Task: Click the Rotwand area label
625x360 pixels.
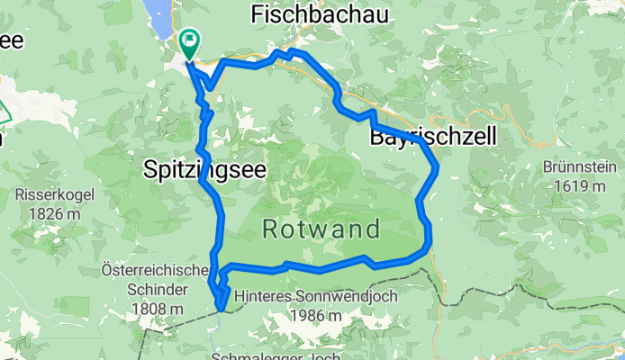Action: click(x=321, y=229)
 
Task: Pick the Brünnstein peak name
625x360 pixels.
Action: click(x=579, y=168)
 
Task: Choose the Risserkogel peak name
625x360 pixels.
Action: click(x=49, y=194)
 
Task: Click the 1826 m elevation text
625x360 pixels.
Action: click(x=49, y=212)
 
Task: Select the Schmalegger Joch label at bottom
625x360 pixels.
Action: click(x=275, y=355)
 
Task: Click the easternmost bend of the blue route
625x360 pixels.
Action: click(x=437, y=166)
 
